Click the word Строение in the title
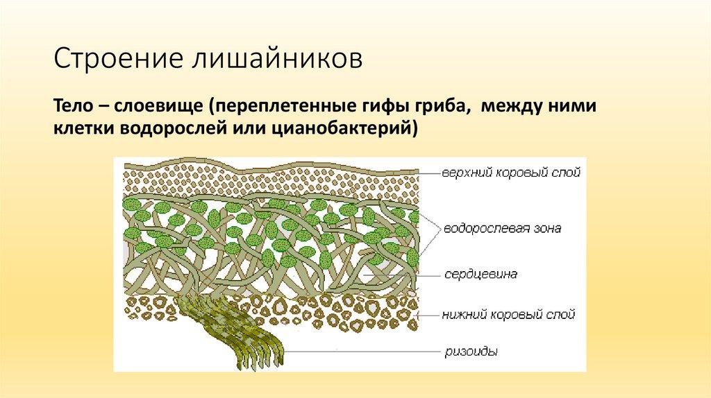coord(117,59)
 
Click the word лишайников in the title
coord(278,59)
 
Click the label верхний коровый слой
coord(511,173)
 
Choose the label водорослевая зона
coord(502,228)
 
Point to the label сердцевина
coord(480,275)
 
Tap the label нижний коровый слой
coord(509,314)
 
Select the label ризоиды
coord(471,352)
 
